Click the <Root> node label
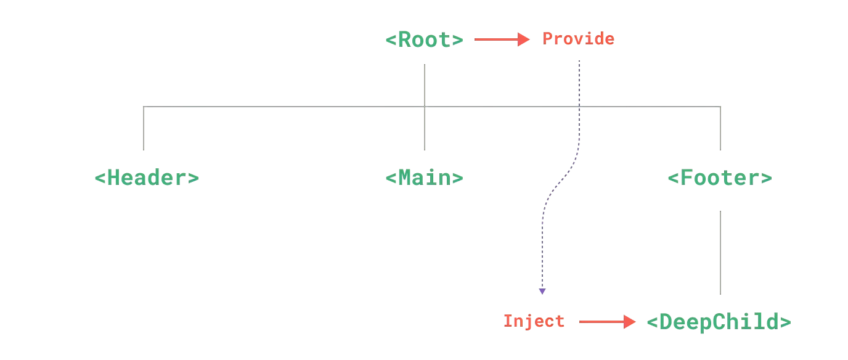(x=425, y=39)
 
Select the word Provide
(x=579, y=39)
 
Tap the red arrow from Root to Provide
(x=502, y=39)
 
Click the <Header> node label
(x=147, y=178)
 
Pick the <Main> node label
(x=425, y=178)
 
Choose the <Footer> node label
(x=720, y=178)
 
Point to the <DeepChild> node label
(x=719, y=322)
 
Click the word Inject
(x=534, y=322)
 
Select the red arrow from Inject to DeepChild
(x=607, y=322)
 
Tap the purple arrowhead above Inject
(x=542, y=291)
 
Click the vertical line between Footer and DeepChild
(x=720, y=253)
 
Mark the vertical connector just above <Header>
(x=144, y=128)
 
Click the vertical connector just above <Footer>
(x=720, y=128)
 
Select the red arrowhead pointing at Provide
(x=524, y=39)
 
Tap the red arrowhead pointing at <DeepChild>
(x=630, y=322)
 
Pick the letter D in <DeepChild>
(x=666, y=322)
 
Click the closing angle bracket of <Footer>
(x=767, y=178)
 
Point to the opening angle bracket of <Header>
(x=100, y=178)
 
